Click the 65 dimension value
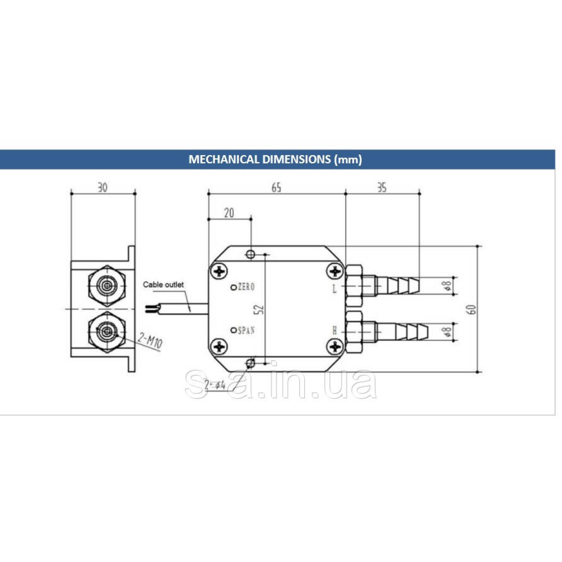click(276, 187)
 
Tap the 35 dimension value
click(382, 187)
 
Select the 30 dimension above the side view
click(103, 187)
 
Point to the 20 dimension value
click(229, 213)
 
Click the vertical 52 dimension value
click(259, 310)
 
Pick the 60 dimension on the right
click(473, 309)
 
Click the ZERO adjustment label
click(246, 287)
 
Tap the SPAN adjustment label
click(246, 331)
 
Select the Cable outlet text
click(163, 284)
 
